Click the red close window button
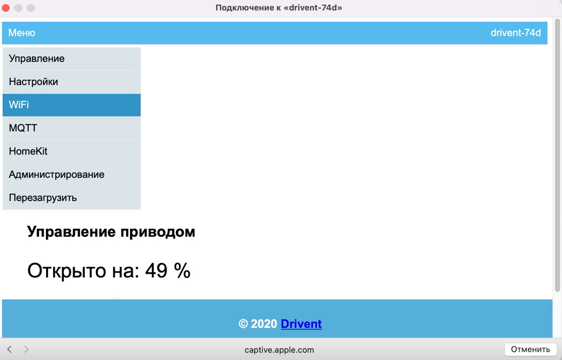click(6, 8)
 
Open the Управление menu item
click(72, 59)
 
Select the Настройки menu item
click(72, 82)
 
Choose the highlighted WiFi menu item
click(72, 105)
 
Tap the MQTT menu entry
click(72, 128)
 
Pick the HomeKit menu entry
click(72, 151)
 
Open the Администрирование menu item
click(72, 174)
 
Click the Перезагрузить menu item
click(72, 198)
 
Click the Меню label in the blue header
click(22, 33)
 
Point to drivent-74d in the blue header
click(516, 33)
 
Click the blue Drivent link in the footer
click(301, 324)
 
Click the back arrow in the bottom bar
click(9, 349)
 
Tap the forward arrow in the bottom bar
click(26, 349)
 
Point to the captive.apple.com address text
click(279, 350)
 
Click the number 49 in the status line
click(156, 271)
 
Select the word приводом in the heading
click(157, 232)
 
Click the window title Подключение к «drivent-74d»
click(279, 8)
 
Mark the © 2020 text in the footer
click(258, 324)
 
